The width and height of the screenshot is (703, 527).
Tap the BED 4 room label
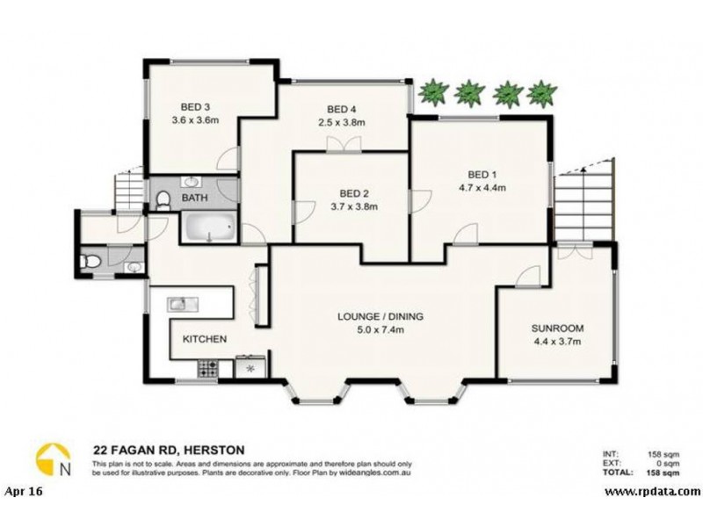click(x=341, y=110)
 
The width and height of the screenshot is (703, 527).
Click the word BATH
click(x=194, y=199)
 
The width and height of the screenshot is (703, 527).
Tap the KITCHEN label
click(x=205, y=338)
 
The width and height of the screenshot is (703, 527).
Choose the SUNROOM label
click(x=557, y=328)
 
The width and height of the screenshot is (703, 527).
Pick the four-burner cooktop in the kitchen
click(x=209, y=368)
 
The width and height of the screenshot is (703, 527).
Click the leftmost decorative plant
click(x=433, y=90)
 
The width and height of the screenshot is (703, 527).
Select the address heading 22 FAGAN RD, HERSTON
click(x=169, y=450)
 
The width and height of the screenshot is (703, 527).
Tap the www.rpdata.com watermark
click(x=652, y=490)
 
